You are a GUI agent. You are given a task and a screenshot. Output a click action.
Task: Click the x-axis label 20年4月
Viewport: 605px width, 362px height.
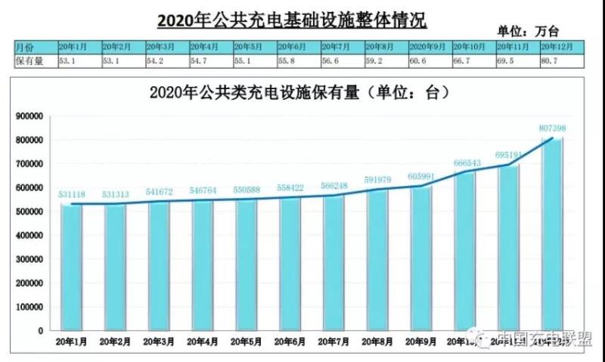pos(202,342)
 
